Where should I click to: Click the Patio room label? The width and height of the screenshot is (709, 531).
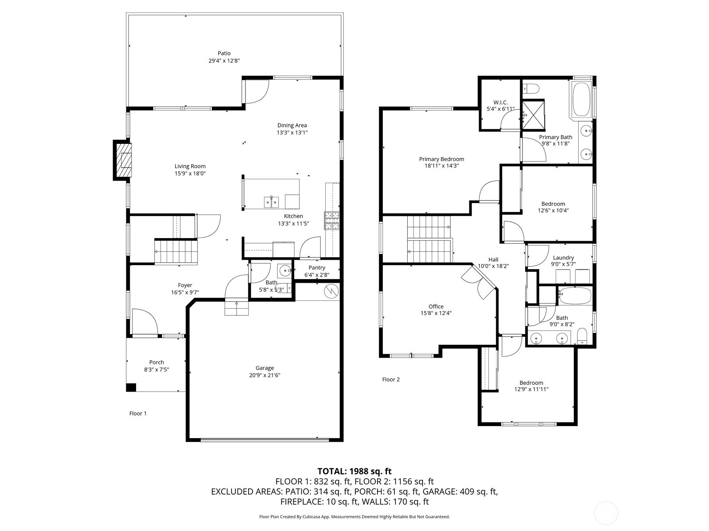224,54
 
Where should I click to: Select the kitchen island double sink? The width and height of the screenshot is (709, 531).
272,202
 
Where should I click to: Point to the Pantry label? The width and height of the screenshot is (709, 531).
317,268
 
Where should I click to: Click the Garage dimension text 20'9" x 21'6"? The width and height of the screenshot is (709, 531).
265,375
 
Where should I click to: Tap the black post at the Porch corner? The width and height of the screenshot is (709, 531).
131,387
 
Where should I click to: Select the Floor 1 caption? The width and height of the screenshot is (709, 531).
138,413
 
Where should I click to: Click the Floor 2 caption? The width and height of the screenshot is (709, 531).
391,379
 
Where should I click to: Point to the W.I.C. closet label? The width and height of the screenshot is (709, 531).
500,102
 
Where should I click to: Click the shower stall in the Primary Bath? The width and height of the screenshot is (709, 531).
533,114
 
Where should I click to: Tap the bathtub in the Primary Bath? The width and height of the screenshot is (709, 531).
581,100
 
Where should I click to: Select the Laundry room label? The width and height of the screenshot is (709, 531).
563,258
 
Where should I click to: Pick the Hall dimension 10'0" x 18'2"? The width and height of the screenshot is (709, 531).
493,266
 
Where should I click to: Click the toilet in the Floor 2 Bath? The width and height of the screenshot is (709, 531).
582,337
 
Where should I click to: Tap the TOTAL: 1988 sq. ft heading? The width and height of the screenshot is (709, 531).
354,471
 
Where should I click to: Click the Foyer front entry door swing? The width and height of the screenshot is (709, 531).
144,322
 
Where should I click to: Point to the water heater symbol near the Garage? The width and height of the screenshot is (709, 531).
331,291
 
